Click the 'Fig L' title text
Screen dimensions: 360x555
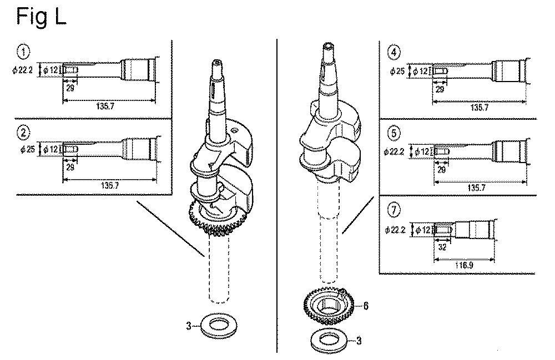(41, 17)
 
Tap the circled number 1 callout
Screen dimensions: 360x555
(23, 53)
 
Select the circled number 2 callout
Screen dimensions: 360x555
(23, 133)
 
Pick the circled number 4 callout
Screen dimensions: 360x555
(393, 53)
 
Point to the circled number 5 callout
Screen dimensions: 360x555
(393, 134)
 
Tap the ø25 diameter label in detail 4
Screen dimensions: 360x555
(398, 71)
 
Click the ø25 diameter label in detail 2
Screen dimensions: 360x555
(28, 150)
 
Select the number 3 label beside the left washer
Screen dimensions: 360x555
(190, 327)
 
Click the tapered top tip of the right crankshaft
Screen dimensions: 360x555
(329, 47)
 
